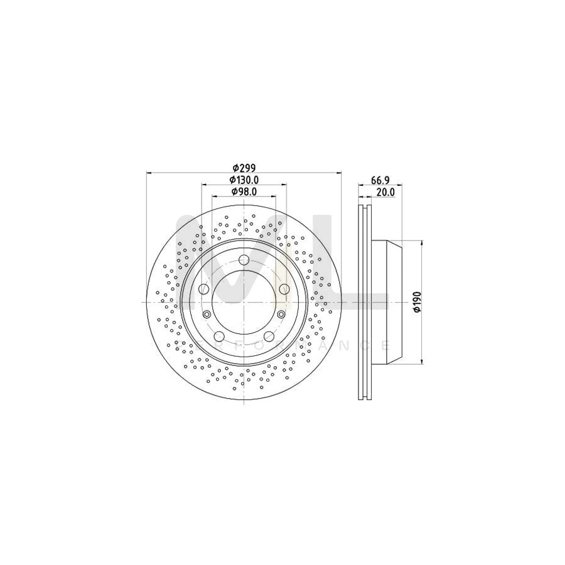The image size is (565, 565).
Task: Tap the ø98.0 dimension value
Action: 244,191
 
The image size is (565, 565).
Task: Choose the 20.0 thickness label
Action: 384,193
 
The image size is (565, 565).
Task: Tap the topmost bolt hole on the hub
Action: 244,260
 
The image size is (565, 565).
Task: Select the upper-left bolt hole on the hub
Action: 203,289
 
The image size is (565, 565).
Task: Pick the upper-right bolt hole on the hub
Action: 284,289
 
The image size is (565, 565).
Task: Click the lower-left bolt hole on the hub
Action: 218,336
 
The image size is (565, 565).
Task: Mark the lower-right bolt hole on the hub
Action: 269,336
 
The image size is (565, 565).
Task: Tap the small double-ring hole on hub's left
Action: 207,315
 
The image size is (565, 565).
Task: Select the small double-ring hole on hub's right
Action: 281,315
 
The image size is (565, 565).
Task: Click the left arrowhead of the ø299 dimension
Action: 149,173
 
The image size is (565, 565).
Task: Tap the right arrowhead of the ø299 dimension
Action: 339,173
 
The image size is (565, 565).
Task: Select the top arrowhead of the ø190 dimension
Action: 421,244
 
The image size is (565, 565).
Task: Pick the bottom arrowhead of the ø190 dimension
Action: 421,361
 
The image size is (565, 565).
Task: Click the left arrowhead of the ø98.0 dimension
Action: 213,196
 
